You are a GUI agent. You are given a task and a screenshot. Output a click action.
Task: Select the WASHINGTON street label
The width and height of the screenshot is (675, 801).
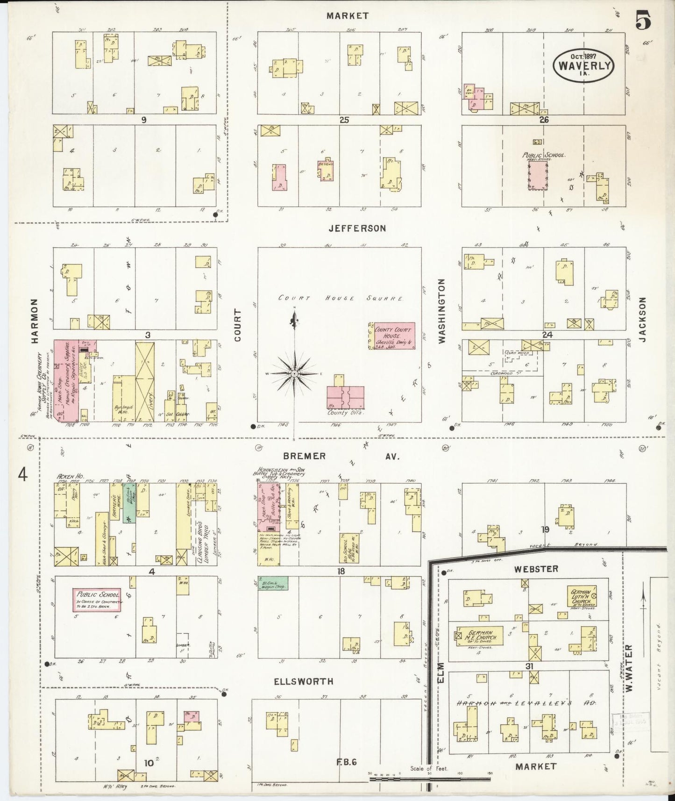tap(441, 311)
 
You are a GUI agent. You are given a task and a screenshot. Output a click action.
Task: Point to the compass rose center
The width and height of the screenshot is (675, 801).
tap(294, 374)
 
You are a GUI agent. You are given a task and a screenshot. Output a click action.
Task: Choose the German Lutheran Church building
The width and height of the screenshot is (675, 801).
tap(582, 596)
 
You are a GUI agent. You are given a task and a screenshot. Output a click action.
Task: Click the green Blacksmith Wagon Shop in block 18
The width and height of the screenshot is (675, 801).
tap(273, 583)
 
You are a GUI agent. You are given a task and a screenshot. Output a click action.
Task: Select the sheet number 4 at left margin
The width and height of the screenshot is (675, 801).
tap(23, 475)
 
